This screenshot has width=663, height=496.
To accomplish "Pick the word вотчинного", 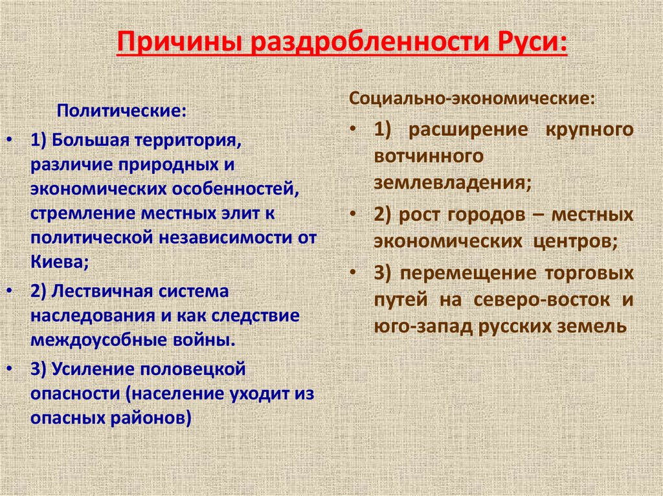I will tap(428, 156).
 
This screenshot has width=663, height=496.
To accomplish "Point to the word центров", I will tap(574, 241).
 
